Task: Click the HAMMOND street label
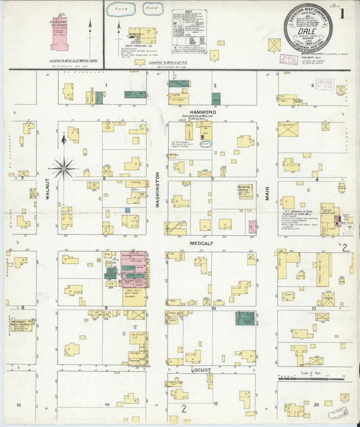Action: point(202,111)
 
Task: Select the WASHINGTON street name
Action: point(157,196)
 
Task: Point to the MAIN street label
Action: point(267,196)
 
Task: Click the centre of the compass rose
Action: point(64,166)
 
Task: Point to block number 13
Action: point(20,404)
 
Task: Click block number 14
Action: point(107,404)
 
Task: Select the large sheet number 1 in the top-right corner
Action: point(344,14)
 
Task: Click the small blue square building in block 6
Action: point(127,210)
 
